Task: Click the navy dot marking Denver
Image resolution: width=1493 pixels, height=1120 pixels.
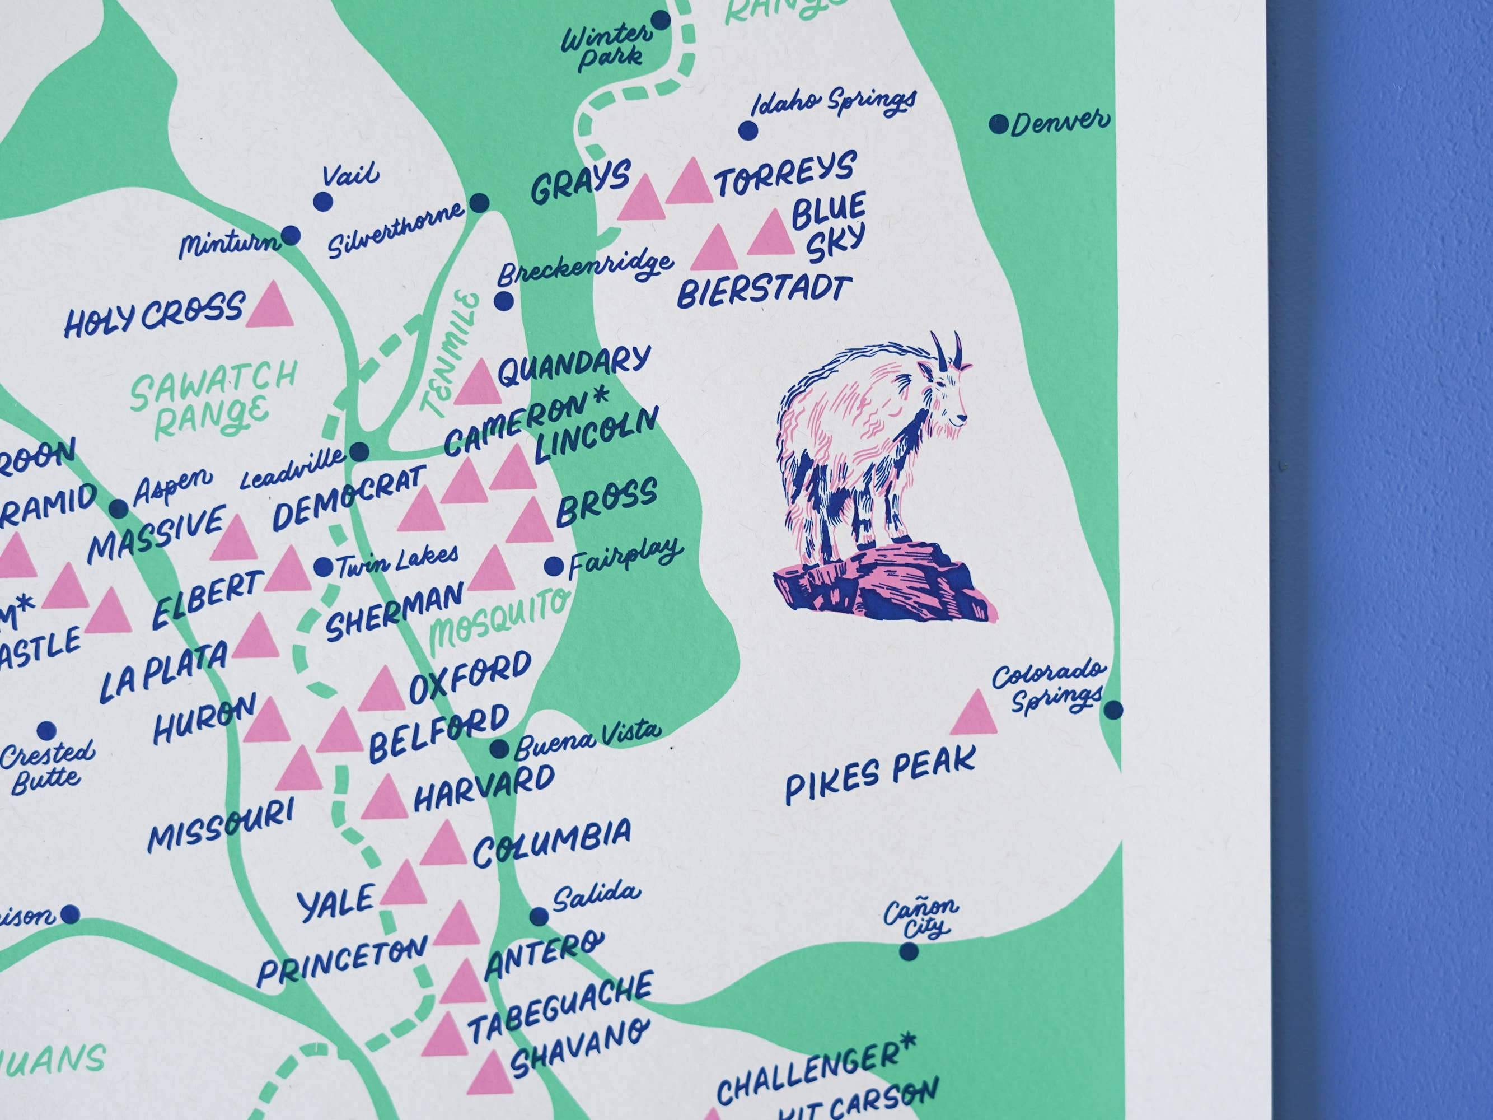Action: click(x=998, y=124)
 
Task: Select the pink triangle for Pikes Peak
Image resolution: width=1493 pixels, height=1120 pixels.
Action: click(x=974, y=713)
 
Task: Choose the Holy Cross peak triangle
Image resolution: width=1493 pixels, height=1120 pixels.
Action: click(x=270, y=306)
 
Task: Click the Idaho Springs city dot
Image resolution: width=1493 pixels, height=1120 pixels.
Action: click(x=747, y=130)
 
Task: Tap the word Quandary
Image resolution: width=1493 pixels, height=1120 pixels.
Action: click(x=574, y=365)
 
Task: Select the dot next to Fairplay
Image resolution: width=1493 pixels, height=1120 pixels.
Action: click(x=554, y=566)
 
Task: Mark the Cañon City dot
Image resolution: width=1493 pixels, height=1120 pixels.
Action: click(x=909, y=952)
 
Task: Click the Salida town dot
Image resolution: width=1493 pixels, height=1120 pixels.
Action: click(x=539, y=916)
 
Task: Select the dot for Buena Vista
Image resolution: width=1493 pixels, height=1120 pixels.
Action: click(x=499, y=748)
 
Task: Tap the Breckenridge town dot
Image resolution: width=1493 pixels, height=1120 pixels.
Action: click(x=503, y=301)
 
